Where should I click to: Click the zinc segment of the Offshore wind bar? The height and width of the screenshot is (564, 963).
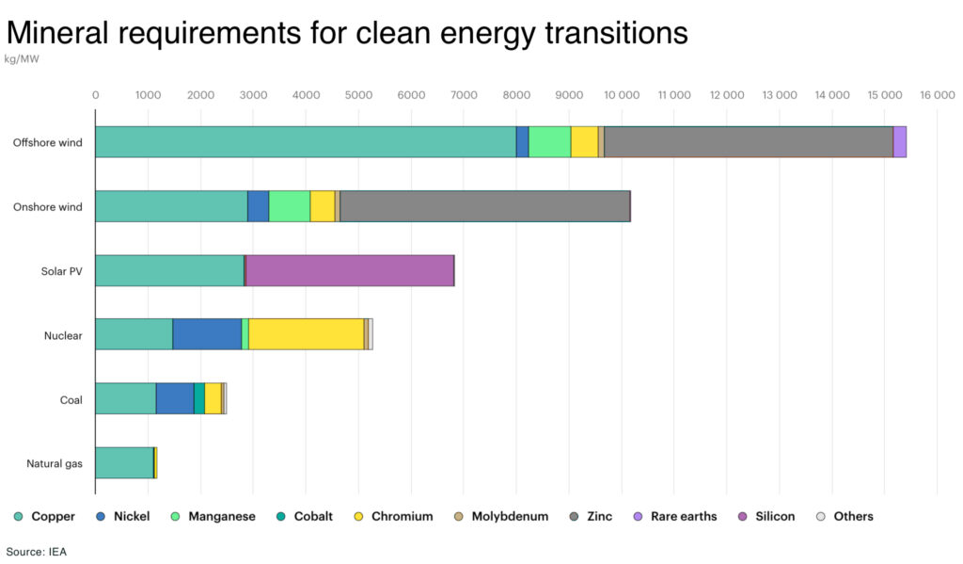pyautogui.click(x=748, y=142)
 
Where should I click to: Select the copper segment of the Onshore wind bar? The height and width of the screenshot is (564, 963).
pyautogui.click(x=171, y=206)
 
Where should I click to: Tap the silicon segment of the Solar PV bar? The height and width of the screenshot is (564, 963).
pyautogui.click(x=349, y=270)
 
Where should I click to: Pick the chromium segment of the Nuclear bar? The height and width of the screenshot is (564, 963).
pyautogui.click(x=306, y=334)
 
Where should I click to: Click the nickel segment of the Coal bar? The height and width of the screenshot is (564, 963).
pyautogui.click(x=175, y=398)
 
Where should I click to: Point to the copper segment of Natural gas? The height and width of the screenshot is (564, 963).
pyautogui.click(x=124, y=462)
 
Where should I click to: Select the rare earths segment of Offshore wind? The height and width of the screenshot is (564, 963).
pyautogui.click(x=900, y=142)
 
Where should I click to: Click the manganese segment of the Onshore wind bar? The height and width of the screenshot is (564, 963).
pyautogui.click(x=290, y=206)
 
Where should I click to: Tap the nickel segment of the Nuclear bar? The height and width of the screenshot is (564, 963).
pyautogui.click(x=207, y=334)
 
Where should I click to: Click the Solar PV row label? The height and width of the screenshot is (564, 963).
pyautogui.click(x=61, y=271)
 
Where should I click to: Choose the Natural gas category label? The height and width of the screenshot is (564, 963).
pyautogui.click(x=55, y=463)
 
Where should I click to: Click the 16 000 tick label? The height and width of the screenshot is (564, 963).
pyautogui.click(x=937, y=95)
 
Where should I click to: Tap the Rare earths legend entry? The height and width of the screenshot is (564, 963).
pyautogui.click(x=676, y=516)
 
